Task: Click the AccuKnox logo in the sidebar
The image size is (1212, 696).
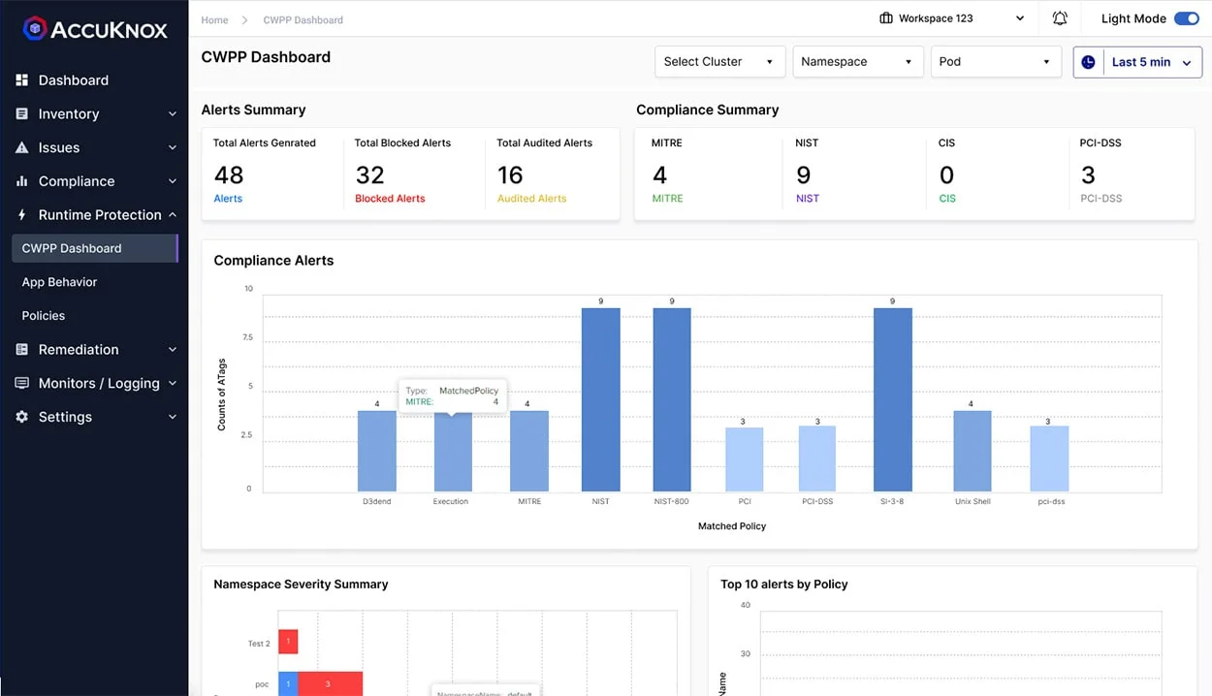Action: [94, 29]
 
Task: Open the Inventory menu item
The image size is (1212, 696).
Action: [68, 113]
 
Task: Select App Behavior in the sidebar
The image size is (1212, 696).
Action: [59, 282]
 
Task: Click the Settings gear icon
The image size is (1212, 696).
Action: [21, 417]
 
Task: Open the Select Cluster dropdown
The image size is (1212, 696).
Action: [718, 62]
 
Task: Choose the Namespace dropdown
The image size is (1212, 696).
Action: [856, 62]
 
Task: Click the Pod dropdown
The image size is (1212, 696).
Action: [995, 62]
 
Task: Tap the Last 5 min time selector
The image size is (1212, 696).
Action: [1137, 62]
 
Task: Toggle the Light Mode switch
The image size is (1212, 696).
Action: [1186, 18]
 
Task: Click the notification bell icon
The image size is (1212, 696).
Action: [1060, 18]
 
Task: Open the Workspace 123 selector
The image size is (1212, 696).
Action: [950, 18]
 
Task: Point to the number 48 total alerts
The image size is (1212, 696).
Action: [229, 175]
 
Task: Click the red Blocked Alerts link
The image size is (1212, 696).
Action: [390, 199]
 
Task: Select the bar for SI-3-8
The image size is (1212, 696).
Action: [892, 399]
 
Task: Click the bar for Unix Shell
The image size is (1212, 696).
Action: [972, 451]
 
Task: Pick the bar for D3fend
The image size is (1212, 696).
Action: [376, 451]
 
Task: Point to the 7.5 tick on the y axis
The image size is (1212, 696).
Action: [247, 337]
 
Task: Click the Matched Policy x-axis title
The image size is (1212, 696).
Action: [731, 526]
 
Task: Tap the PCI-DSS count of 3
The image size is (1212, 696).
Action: [1088, 175]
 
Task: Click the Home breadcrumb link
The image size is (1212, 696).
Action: [214, 19]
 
